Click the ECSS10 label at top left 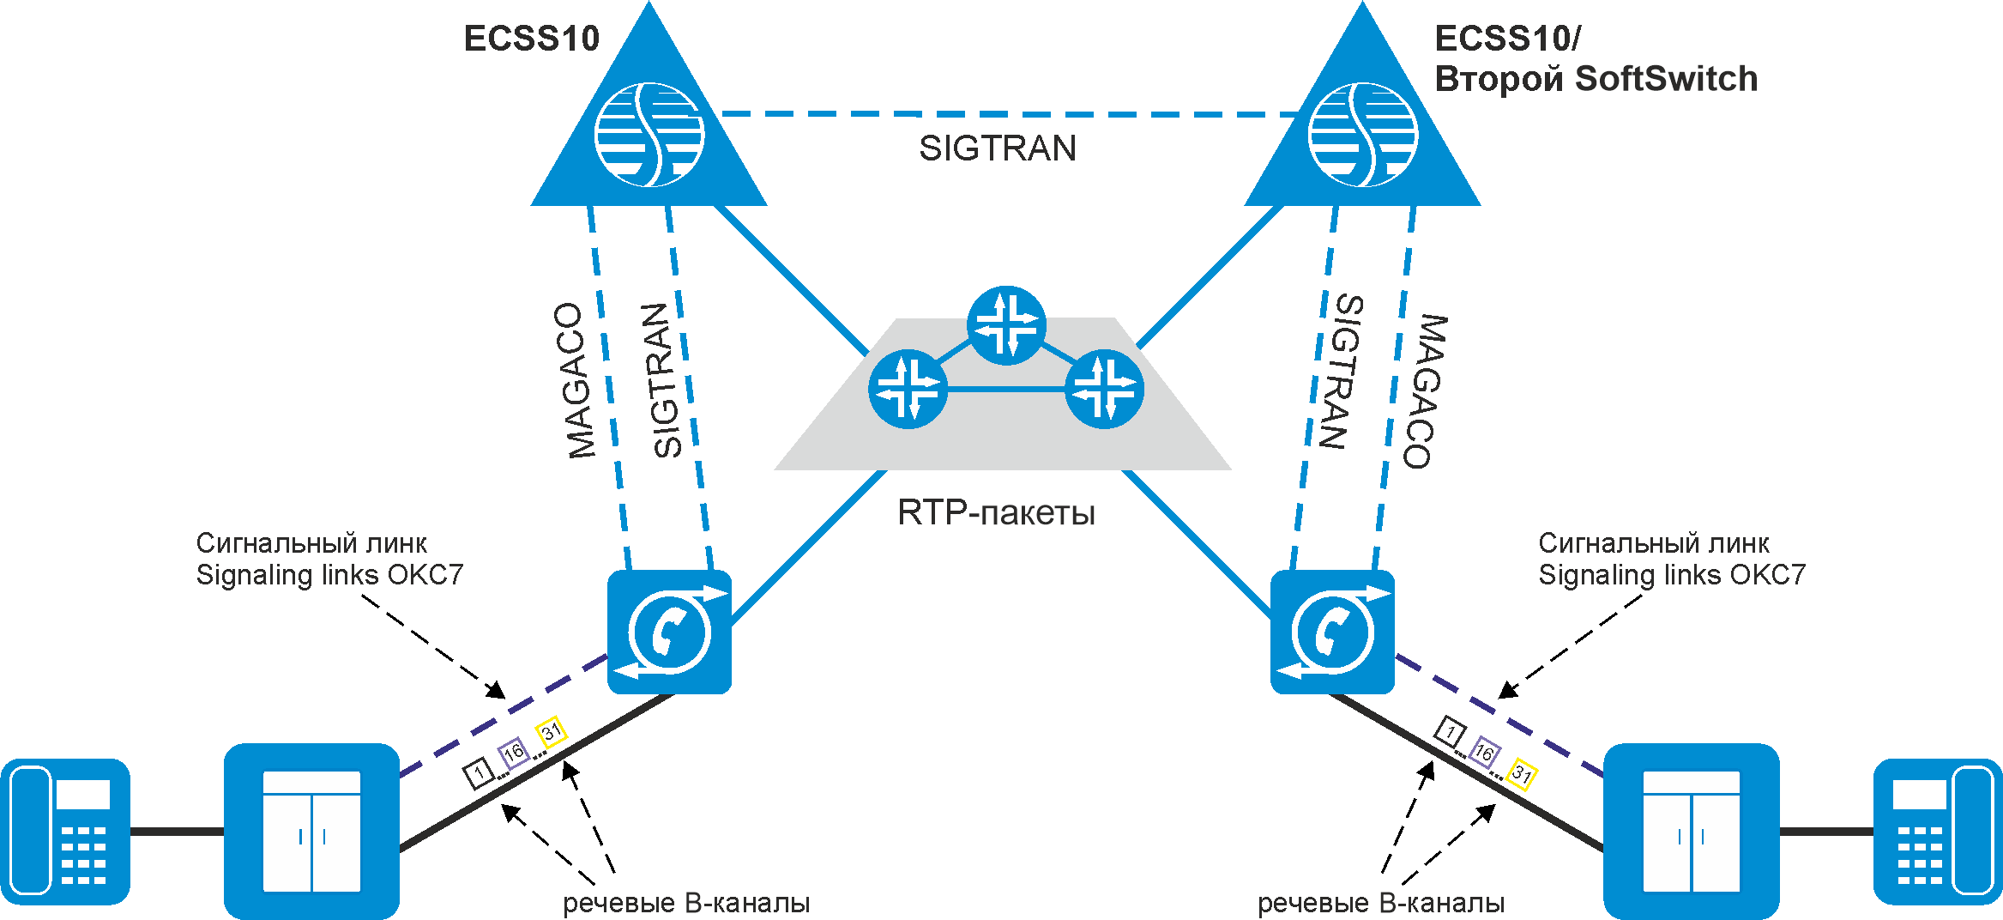(x=531, y=39)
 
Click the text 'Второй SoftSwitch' (x=1596, y=79)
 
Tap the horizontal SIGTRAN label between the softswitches (x=998, y=148)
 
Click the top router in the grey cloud (x=1006, y=325)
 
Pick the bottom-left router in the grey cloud (x=908, y=389)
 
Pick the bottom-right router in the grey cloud (x=1104, y=389)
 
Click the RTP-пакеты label (x=996, y=513)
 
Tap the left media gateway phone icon (x=669, y=632)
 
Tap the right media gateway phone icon (x=1332, y=632)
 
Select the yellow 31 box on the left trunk (x=551, y=731)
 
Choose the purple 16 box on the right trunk (x=1484, y=753)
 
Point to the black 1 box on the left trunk (x=479, y=772)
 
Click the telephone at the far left (x=65, y=831)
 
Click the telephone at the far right (x=1937, y=831)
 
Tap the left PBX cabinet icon (x=311, y=831)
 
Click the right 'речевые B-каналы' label (x=1380, y=903)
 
